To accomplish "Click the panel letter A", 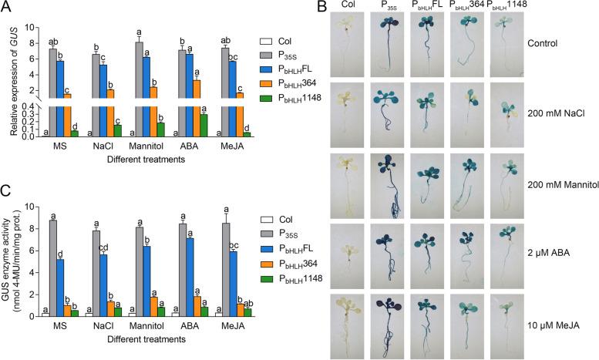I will [6, 8].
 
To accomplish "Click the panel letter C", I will [6, 192].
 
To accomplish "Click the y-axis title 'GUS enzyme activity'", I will [11, 261].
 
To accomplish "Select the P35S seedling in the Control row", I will [406, 46].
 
